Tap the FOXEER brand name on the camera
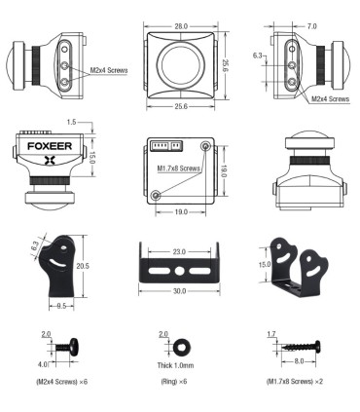(41, 152)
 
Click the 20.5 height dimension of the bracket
(86, 266)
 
